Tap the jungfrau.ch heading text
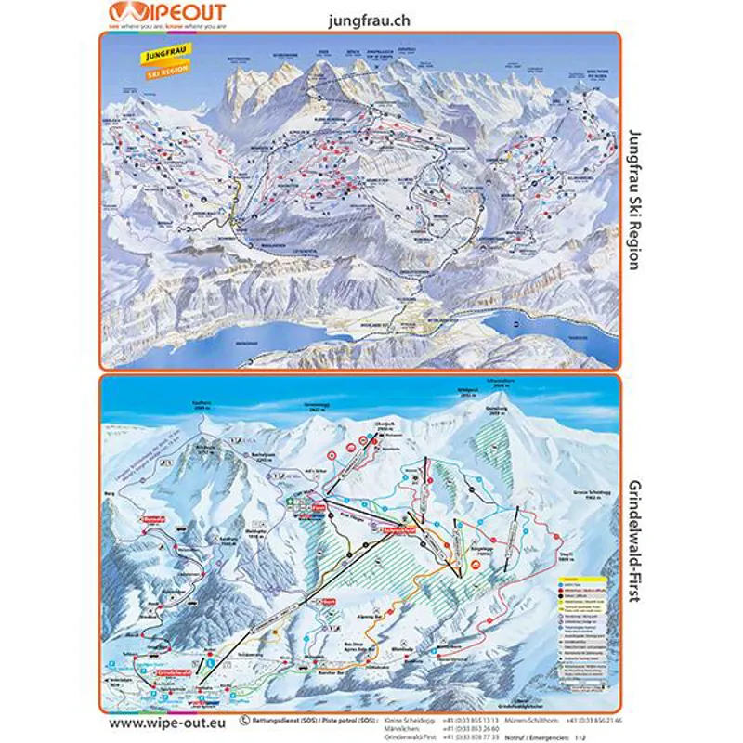pyautogui.click(x=369, y=19)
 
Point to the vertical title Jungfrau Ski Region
pyautogui.click(x=634, y=200)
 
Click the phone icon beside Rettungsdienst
pyautogui.click(x=244, y=719)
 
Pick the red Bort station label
pyautogui.click(x=328, y=602)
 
